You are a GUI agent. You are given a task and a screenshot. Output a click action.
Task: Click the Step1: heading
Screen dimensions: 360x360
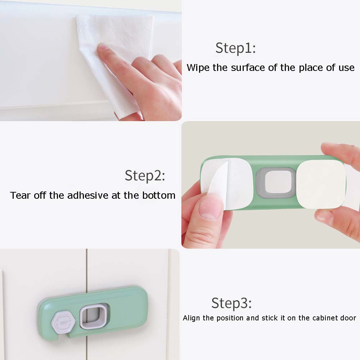(235, 48)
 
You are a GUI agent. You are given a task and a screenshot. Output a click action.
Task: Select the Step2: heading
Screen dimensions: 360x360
(145, 176)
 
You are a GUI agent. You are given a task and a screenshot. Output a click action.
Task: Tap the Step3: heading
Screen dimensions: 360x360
(231, 303)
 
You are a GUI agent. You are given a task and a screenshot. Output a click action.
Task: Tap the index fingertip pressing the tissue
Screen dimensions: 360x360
(104, 49)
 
